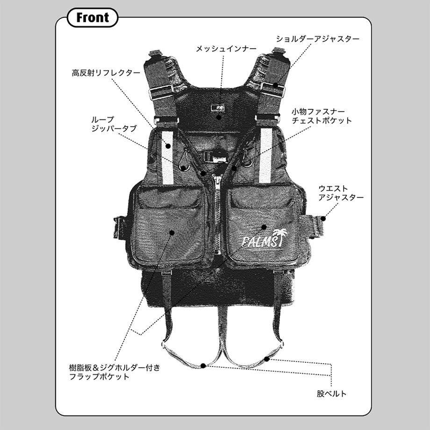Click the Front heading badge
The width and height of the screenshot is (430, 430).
point(93,18)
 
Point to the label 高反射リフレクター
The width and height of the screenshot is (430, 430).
point(106,73)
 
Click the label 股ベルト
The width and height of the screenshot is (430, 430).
point(331,394)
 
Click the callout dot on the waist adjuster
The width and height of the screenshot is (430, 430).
point(323,218)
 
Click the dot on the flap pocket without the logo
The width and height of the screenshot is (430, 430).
point(172,232)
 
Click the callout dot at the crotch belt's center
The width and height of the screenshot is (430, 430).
point(204,365)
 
